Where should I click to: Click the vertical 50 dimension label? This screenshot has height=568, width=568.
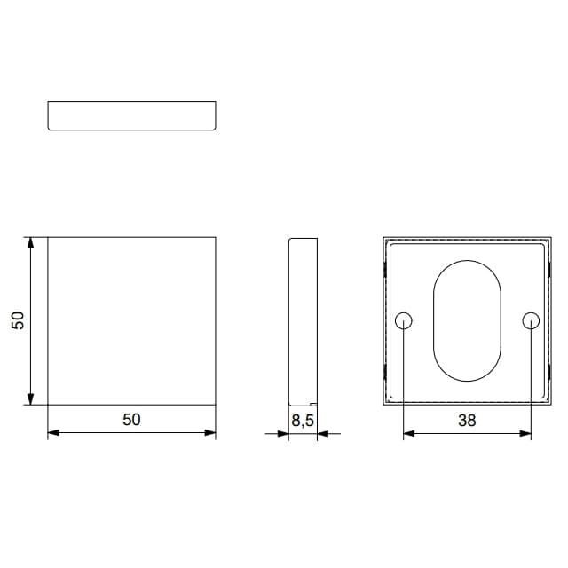click(x=18, y=320)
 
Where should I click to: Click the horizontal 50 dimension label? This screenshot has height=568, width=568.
click(x=131, y=420)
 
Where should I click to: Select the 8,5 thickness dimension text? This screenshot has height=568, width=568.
click(x=303, y=421)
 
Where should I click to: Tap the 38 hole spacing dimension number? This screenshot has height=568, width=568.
click(x=467, y=421)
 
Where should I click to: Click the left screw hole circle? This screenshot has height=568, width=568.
click(x=403, y=321)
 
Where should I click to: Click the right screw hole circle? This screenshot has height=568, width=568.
click(x=531, y=321)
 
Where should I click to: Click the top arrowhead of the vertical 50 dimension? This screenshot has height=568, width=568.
click(x=30, y=242)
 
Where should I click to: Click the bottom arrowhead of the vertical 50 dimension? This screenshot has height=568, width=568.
click(x=30, y=399)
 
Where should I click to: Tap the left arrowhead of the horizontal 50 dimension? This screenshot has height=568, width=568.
click(x=53, y=432)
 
